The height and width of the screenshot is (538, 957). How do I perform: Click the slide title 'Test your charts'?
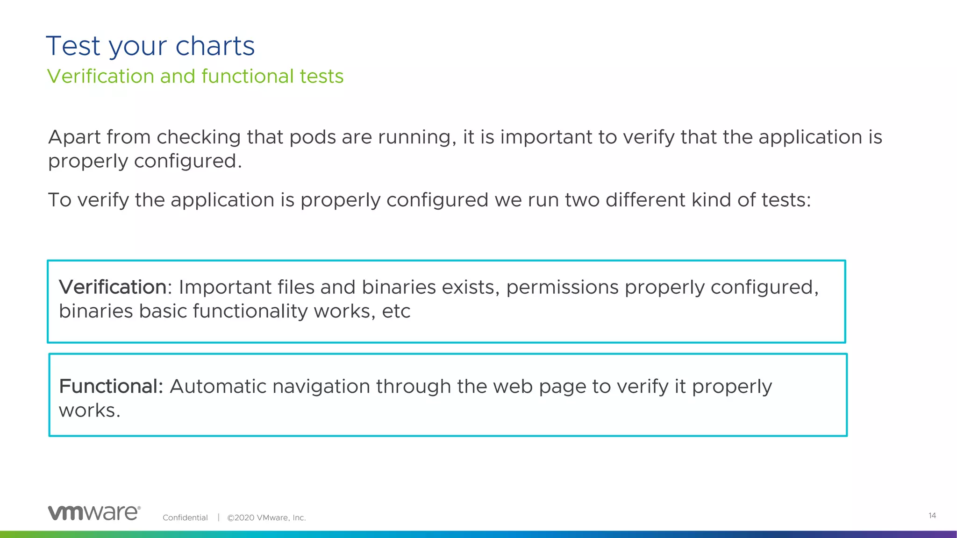pos(150,46)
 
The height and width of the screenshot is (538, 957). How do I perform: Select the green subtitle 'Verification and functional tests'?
pos(195,76)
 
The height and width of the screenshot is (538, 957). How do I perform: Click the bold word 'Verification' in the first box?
pos(113,287)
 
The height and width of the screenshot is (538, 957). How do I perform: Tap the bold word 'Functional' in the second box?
pos(110,387)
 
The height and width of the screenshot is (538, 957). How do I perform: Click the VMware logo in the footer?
pos(94,513)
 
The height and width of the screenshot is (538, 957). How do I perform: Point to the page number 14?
pos(932,516)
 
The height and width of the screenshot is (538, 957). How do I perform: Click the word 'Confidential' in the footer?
pos(185,517)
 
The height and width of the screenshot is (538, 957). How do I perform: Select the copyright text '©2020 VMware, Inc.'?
pos(266,517)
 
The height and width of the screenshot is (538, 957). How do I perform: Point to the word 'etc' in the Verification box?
pos(396,311)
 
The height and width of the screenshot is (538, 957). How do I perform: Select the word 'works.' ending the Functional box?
pos(90,411)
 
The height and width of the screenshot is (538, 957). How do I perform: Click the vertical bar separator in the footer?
pos(218,517)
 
